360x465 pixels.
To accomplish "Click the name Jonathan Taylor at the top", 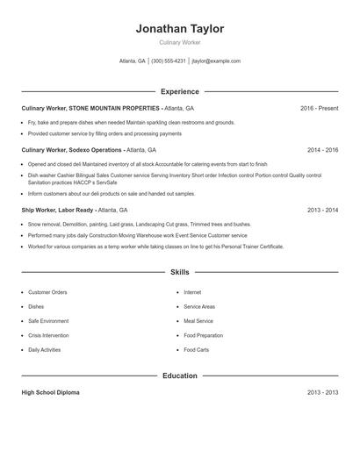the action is coord(179,29).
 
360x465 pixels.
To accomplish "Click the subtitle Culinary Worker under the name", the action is coord(179,42).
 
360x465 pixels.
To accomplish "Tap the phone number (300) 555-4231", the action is coord(169,61).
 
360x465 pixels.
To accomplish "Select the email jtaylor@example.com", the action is coord(216,61).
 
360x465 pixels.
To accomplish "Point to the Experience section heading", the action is coord(180,91).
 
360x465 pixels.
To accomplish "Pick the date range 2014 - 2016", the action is coord(323,150).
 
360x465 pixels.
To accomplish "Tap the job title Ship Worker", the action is coord(39,211).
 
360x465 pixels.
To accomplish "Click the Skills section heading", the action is coord(180,273).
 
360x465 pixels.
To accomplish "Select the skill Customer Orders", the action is coord(47,292).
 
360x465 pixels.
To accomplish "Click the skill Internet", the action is coord(192,292).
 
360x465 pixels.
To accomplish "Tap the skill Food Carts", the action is coord(196,349).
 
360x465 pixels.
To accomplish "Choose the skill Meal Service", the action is coord(198,321).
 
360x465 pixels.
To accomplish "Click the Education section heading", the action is coord(180,376).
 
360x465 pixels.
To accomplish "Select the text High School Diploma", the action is coord(50,392).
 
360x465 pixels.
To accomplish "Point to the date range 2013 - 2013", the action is coord(323,392).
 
